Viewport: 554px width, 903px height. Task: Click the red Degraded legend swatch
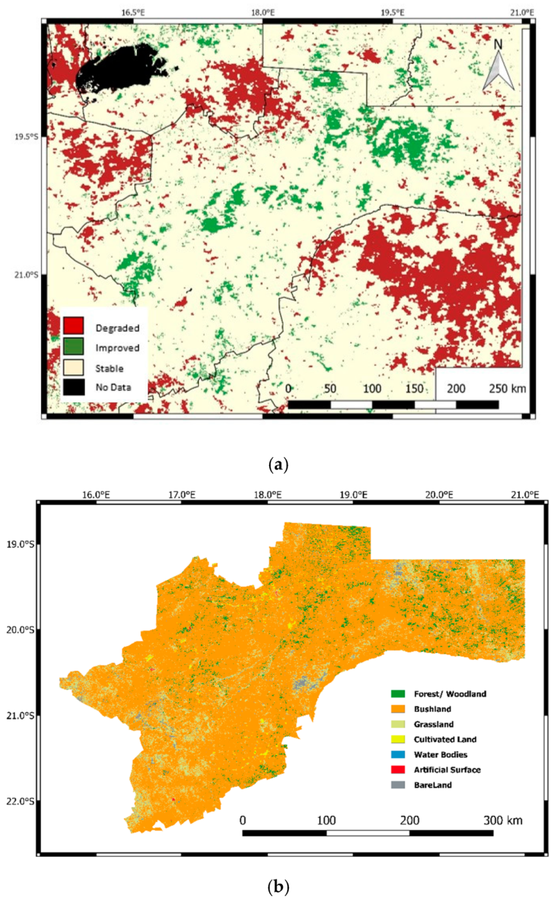[x=73, y=326]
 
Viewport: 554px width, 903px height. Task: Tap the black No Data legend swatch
[x=73, y=387]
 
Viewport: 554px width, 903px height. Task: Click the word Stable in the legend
[x=109, y=368]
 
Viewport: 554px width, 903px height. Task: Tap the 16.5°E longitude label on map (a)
[x=133, y=12]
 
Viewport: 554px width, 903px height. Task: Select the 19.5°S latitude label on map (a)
[x=26, y=137]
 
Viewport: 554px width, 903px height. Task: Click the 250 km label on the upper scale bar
[x=507, y=388]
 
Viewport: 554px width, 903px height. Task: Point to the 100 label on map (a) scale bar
[x=372, y=388]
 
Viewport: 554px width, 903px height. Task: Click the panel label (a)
[x=278, y=465]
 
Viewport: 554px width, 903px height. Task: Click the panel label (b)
[x=278, y=886]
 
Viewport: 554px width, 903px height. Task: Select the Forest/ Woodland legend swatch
[x=398, y=693]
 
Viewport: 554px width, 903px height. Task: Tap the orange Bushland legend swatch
[x=398, y=709]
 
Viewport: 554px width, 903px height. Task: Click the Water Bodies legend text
[x=440, y=754]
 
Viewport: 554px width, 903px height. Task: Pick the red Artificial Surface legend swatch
[x=398, y=770]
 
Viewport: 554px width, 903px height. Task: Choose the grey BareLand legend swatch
[x=398, y=785]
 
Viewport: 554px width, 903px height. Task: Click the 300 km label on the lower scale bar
[x=503, y=820]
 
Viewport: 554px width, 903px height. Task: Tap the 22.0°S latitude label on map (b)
[x=20, y=801]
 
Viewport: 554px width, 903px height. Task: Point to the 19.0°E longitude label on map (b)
[x=353, y=495]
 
